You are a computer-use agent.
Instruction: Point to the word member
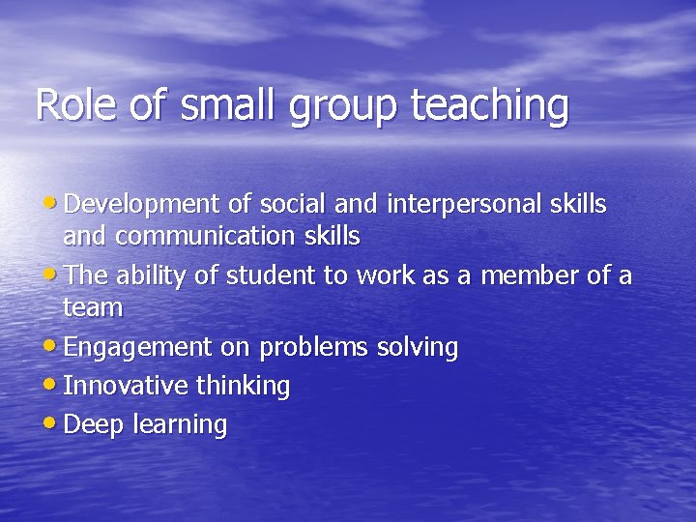527,276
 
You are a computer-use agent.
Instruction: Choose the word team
93,307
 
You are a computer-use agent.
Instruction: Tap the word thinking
243,387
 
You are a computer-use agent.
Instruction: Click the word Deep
90,425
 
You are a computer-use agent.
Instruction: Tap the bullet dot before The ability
51,275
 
